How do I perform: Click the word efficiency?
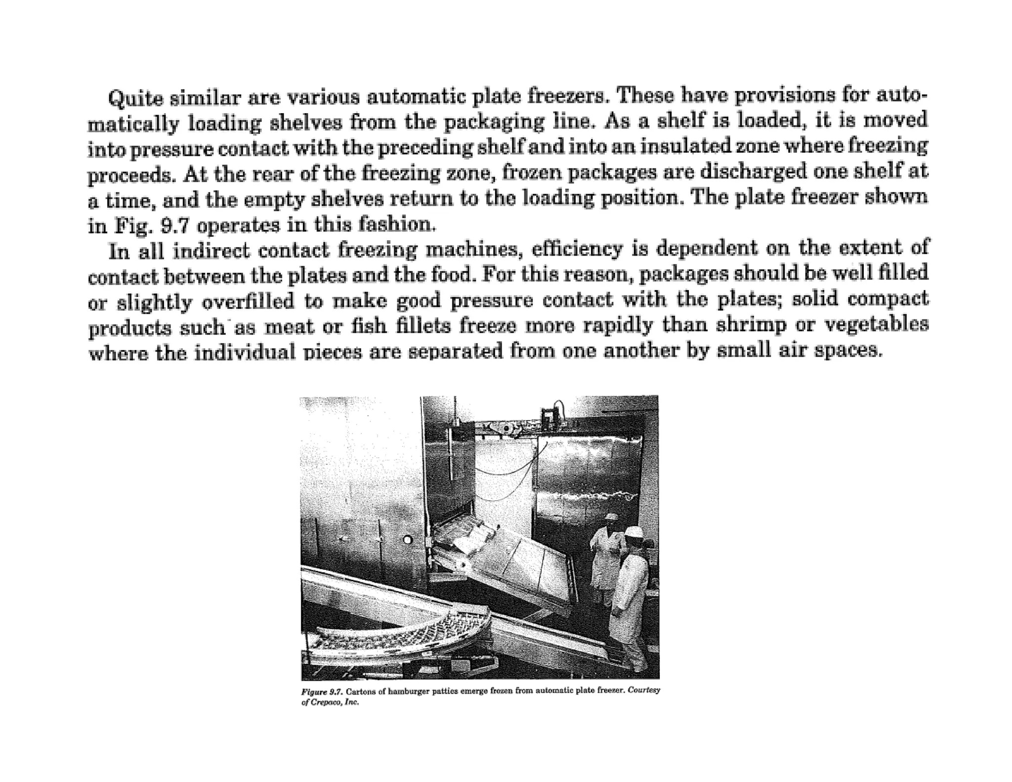pyautogui.click(x=577, y=250)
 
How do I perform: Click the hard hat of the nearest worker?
pyautogui.click(x=632, y=531)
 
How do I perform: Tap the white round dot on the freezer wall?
pyautogui.click(x=407, y=540)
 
